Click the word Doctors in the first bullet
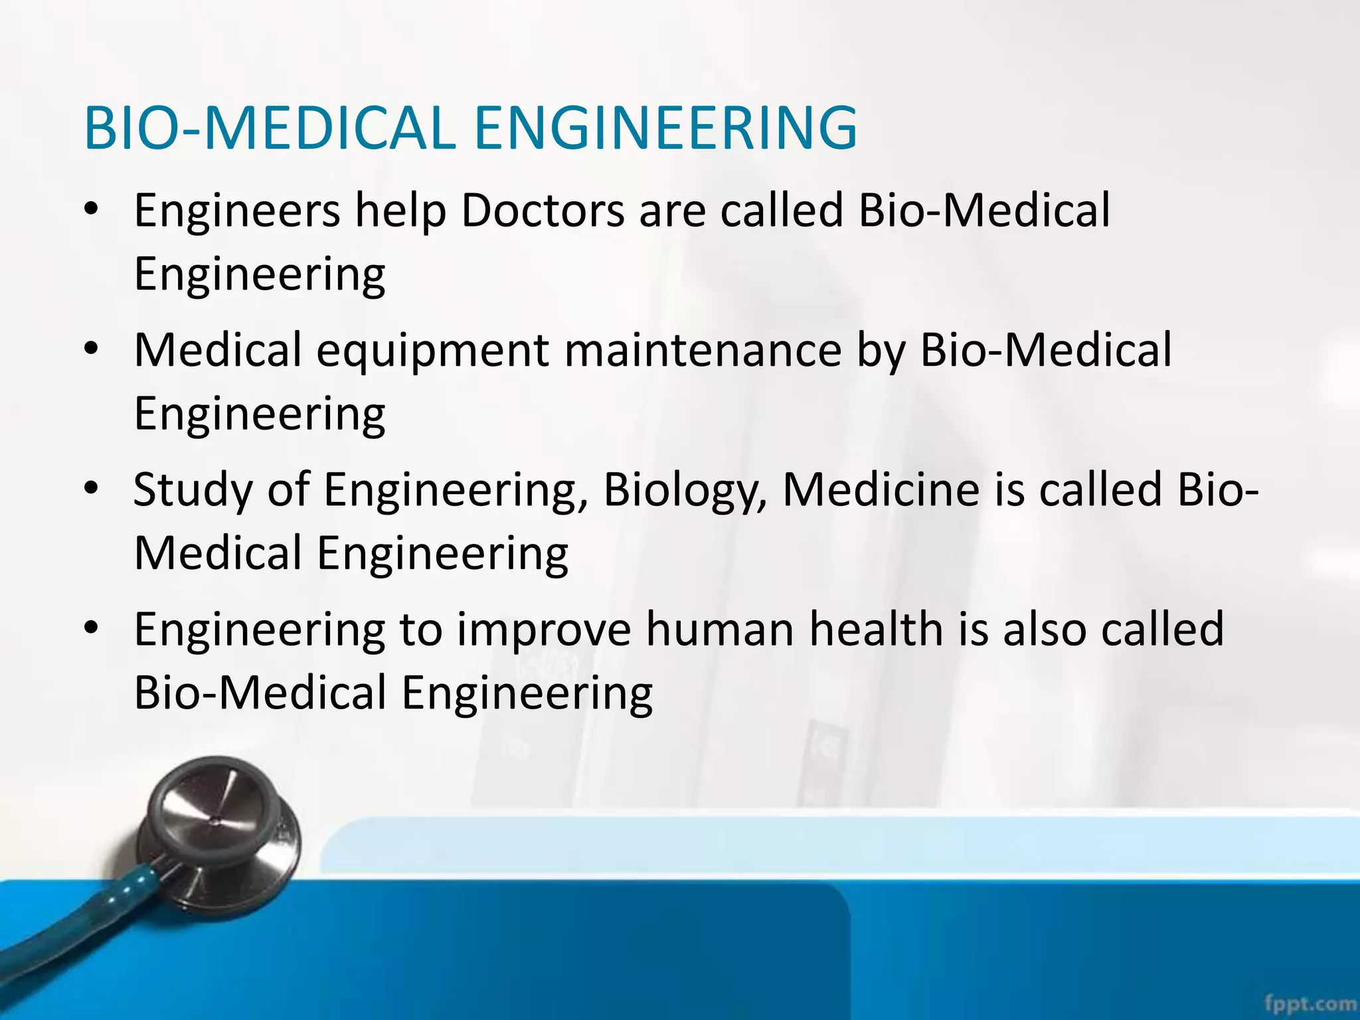pyautogui.click(x=543, y=211)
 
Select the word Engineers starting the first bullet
pyautogui.click(x=236, y=211)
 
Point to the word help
pyautogui.click(x=400, y=212)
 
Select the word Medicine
pyautogui.click(x=881, y=490)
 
